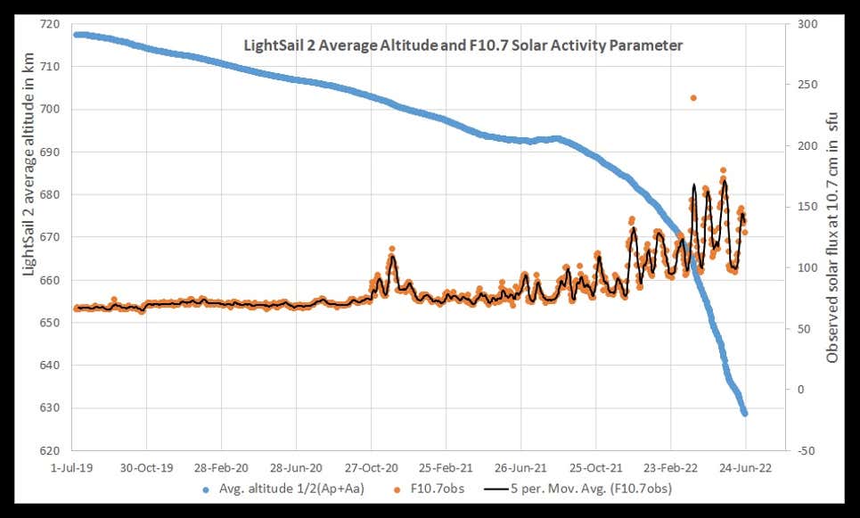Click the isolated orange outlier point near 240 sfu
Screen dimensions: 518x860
point(693,98)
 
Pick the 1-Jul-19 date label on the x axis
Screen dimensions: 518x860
point(72,466)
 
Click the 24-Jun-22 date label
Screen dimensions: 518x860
point(745,466)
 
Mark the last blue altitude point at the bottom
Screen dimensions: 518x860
point(745,413)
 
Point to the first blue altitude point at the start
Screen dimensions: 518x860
point(76,35)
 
